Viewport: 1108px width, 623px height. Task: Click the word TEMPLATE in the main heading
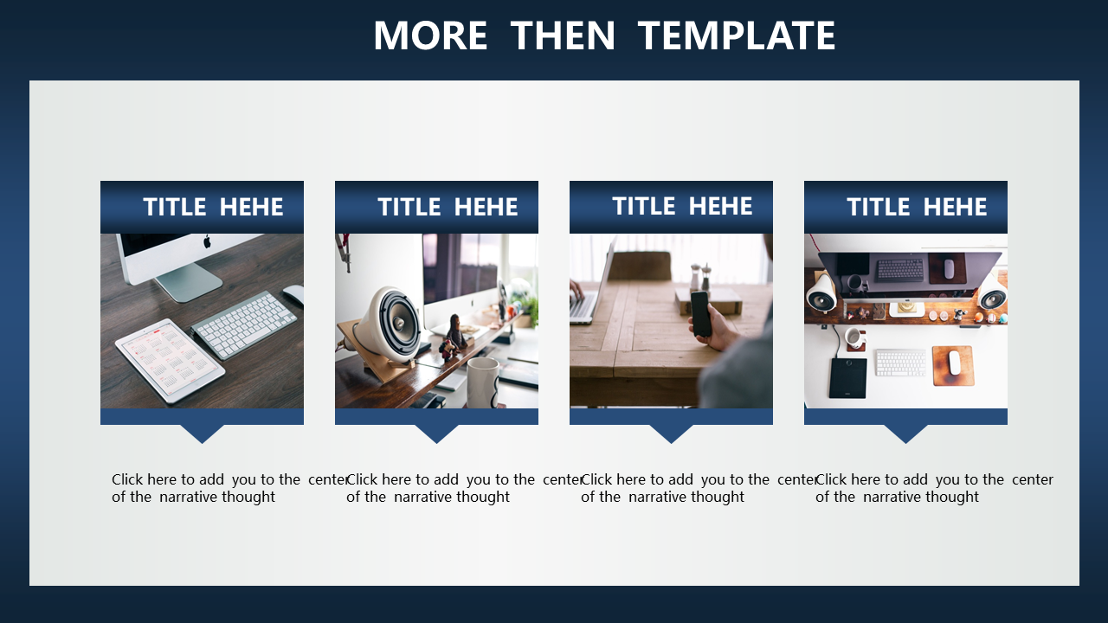[x=737, y=35]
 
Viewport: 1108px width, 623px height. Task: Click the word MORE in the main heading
[x=430, y=35]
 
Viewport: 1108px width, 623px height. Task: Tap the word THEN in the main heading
[x=563, y=35]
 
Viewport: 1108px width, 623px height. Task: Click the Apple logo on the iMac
[x=207, y=241]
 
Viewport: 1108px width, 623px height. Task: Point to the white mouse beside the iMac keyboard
[x=293, y=295]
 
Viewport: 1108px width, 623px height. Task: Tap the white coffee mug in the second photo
[x=483, y=382]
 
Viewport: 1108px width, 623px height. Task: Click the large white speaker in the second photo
[x=389, y=324]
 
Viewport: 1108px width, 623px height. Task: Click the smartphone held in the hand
[x=701, y=314]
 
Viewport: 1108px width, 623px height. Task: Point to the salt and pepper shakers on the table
[x=701, y=277]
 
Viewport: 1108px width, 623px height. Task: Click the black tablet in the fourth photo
[x=847, y=378]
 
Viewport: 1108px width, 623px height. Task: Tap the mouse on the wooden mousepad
[x=954, y=363]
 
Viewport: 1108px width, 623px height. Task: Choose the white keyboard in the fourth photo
[x=901, y=363]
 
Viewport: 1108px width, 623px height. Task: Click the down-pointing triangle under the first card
[x=202, y=434]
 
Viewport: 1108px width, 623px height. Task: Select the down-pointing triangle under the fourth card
[x=905, y=434]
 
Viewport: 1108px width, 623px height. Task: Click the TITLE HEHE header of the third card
[x=682, y=206]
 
